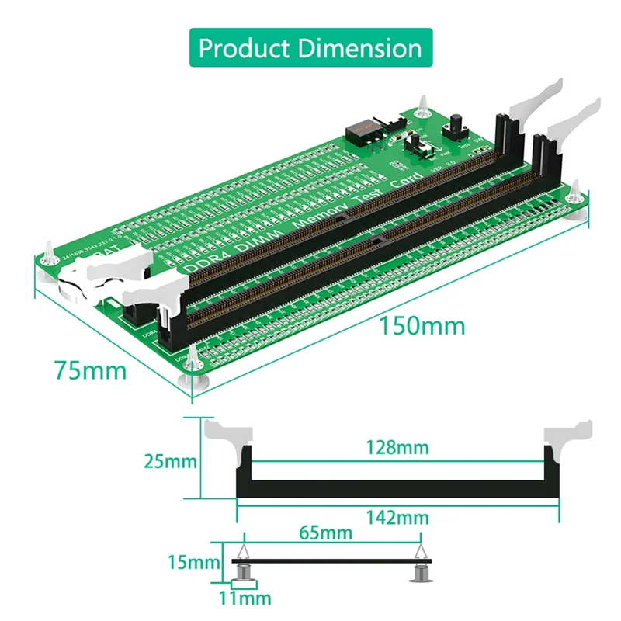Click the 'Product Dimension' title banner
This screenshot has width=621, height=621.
tap(310, 48)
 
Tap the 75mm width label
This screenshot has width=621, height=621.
tap(90, 370)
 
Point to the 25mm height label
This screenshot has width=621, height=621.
tap(170, 461)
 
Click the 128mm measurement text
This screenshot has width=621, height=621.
tap(397, 447)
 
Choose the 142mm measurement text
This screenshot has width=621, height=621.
tap(397, 517)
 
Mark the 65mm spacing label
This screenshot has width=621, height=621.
tap(326, 533)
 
